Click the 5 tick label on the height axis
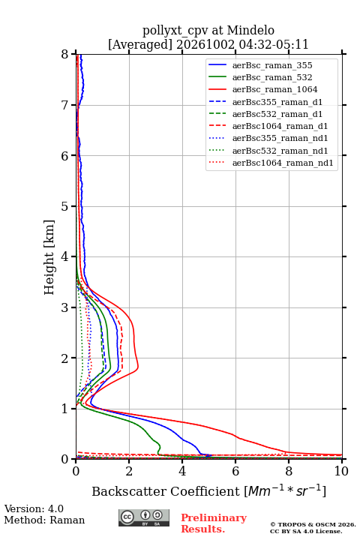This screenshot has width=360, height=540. [65, 207]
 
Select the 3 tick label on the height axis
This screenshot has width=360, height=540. [65, 307]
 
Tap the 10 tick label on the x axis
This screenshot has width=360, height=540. [341, 471]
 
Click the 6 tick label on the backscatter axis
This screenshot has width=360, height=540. [235, 471]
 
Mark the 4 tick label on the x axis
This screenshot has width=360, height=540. [182, 471]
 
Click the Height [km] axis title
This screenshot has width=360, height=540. [49, 257]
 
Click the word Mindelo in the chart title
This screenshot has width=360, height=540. [250, 30]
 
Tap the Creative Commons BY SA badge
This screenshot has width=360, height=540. [144, 517]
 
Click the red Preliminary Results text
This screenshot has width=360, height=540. [214, 523]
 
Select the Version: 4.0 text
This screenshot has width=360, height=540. [34, 508]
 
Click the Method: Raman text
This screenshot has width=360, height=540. [44, 520]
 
